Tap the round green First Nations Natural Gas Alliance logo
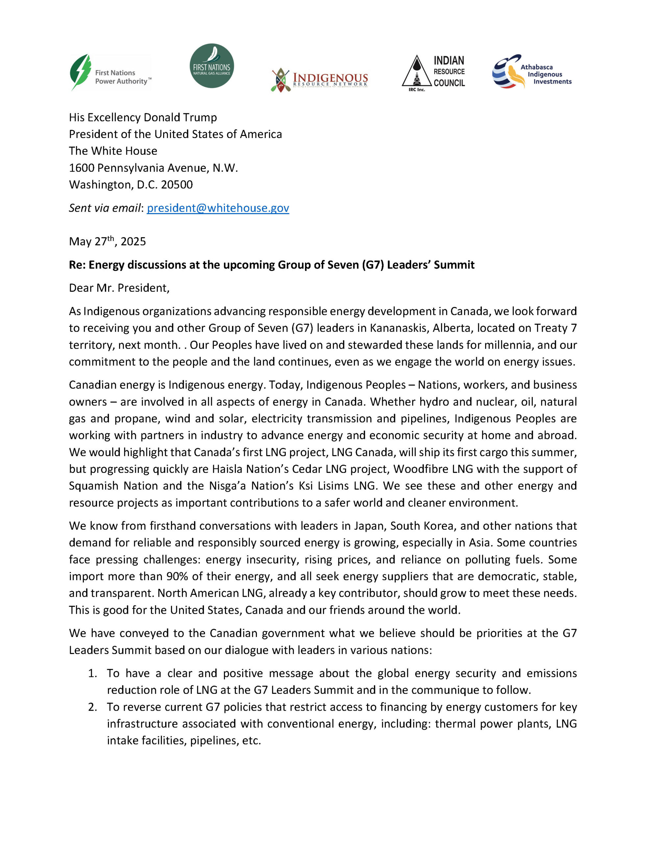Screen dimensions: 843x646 (212, 66)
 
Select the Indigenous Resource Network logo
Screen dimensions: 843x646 (319, 80)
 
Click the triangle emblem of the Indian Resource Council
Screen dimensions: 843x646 (416, 71)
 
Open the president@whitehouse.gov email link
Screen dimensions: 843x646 (218, 208)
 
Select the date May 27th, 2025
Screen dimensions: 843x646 (107, 241)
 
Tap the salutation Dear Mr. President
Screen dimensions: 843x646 (119, 288)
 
